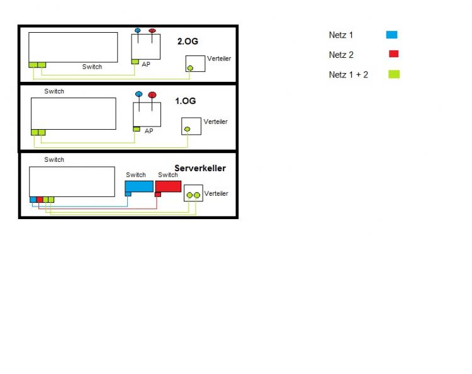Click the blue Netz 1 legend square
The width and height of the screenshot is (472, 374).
391,35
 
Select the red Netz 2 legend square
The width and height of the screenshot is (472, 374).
393,54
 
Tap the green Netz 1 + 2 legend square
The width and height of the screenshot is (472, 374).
394,74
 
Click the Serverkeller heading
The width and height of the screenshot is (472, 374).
199,168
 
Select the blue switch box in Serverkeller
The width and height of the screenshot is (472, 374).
139,186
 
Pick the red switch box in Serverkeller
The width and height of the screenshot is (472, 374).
168,186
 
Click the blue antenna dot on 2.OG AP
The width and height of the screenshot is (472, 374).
138,30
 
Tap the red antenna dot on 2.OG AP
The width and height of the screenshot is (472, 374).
152,30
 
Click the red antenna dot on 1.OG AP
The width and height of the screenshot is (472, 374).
152,95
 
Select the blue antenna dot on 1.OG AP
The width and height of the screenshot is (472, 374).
138,94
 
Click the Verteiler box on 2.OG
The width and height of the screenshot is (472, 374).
195,64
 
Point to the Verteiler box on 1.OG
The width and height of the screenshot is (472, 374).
191,126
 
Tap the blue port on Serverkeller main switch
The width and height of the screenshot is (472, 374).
33,200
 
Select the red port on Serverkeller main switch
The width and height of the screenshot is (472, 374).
39,200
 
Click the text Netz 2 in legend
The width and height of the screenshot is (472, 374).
340,55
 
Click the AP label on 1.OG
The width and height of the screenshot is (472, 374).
149,131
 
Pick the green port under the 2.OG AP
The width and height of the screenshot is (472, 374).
135,61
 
